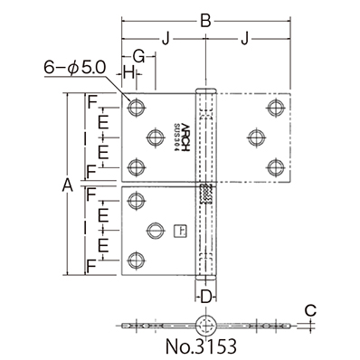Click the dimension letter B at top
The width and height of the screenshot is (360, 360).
(206, 19)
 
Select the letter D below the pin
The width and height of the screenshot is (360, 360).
(205, 295)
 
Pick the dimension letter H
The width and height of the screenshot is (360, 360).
(129, 71)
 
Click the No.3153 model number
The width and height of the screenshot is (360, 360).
(206, 346)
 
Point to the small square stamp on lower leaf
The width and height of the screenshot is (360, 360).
(178, 230)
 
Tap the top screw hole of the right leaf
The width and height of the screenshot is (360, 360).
(271, 109)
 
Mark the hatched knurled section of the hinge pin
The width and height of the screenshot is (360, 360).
(205, 194)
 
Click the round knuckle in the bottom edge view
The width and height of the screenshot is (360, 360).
(205, 324)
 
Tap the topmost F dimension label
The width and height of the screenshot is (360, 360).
(93, 101)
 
